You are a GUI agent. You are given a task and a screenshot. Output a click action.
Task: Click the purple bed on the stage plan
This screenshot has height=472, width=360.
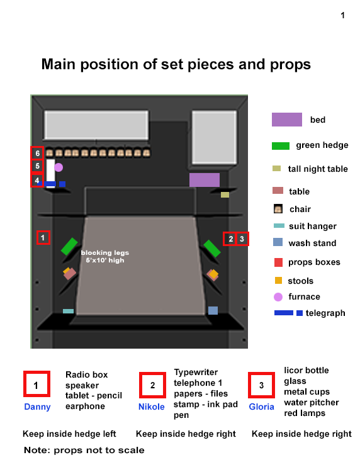(204, 180)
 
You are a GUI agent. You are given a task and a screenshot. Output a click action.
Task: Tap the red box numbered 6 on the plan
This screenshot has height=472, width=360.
(38, 153)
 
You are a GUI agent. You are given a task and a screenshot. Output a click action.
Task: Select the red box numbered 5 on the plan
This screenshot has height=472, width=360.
(38, 167)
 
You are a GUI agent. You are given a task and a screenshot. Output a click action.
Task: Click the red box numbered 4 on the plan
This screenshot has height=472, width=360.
(38, 181)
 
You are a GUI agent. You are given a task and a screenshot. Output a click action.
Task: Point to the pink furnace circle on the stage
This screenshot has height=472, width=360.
(59, 167)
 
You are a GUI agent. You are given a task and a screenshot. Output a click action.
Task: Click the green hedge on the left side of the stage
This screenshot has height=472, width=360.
(69, 247)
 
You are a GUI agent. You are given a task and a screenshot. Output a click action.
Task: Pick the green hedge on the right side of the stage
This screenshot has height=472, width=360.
(211, 249)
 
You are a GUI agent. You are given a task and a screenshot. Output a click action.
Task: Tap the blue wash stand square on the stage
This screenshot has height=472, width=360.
(213, 310)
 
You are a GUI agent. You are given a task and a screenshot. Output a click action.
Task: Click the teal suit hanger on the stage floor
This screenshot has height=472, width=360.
(68, 311)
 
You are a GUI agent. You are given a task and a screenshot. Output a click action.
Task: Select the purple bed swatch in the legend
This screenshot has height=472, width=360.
(287, 120)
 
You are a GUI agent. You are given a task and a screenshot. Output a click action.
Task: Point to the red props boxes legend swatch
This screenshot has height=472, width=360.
(278, 262)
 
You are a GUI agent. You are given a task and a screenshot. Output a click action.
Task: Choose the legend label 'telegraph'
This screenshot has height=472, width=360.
(325, 313)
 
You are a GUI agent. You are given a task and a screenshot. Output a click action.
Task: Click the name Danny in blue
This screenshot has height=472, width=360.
(37, 407)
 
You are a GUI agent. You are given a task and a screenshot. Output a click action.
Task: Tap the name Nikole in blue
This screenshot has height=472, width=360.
(152, 407)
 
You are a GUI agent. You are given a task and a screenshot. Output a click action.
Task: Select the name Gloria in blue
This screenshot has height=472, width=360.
(261, 407)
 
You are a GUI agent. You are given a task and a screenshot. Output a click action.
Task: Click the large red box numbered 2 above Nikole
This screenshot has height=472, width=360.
(152, 385)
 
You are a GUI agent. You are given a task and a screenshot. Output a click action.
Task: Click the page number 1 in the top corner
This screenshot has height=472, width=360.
(342, 16)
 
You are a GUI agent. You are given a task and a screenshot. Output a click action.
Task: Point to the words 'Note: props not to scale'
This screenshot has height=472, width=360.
(84, 450)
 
